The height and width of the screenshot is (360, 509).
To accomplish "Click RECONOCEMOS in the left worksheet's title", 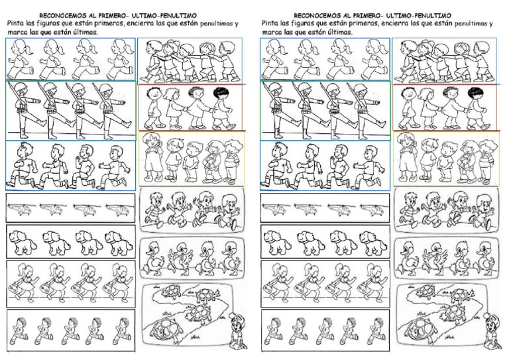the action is point(59,16).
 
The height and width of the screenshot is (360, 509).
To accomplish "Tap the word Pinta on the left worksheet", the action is point(15,23).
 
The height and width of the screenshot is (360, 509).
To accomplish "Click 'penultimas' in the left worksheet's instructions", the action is point(217,23).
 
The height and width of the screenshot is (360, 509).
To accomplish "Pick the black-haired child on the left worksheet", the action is point(221,108).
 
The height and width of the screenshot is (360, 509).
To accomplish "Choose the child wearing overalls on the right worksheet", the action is point(408,156).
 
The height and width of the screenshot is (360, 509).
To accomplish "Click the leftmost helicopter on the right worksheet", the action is point(273,210).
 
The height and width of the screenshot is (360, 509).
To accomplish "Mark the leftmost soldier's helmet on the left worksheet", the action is point(20,88).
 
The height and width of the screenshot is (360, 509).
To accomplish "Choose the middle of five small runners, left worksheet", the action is point(71,330).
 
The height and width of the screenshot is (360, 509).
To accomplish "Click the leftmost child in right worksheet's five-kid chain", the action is point(406,61).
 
